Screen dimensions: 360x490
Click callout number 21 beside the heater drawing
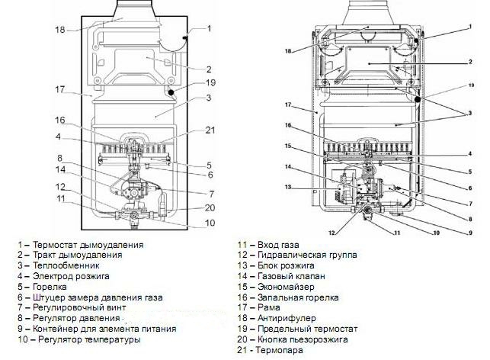click(210, 130)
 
